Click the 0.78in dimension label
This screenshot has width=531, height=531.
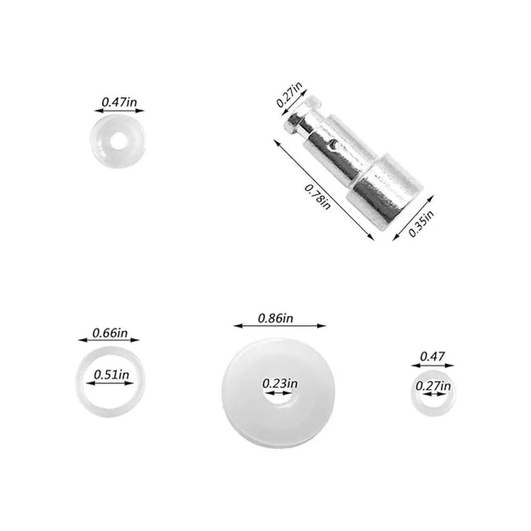click(317, 197)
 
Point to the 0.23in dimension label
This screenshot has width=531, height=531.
click(280, 383)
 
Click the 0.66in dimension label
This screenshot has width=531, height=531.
click(110, 333)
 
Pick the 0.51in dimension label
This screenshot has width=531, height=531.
click(112, 375)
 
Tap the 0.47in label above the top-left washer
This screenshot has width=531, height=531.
click(119, 102)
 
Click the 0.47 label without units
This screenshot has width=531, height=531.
click(432, 357)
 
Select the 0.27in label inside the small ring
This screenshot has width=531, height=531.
click(433, 386)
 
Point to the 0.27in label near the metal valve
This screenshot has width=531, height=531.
click(289, 95)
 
